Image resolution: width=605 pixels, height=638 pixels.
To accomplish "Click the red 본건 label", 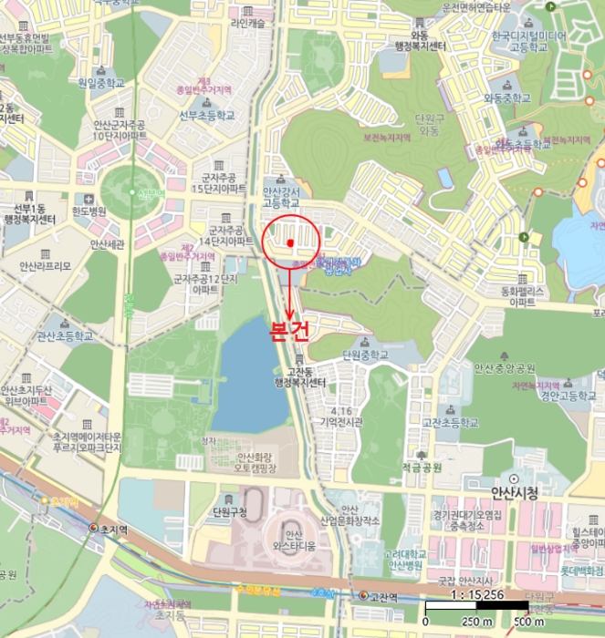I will click(x=290, y=331).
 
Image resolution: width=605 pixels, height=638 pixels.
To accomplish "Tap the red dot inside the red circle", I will click(x=289, y=242).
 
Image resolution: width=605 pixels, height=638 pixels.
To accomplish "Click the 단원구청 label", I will click(x=229, y=511).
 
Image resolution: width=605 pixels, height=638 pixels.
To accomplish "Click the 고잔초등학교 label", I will click(x=450, y=423).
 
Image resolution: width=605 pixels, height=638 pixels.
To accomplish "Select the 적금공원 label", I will click(x=421, y=468).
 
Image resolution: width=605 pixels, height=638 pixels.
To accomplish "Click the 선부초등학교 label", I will click(x=206, y=115).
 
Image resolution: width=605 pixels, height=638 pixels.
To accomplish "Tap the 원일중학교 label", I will click(x=99, y=82).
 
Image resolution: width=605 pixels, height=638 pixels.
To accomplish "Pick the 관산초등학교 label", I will click(x=65, y=335).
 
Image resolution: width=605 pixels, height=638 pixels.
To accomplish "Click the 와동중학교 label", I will click(x=507, y=98).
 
